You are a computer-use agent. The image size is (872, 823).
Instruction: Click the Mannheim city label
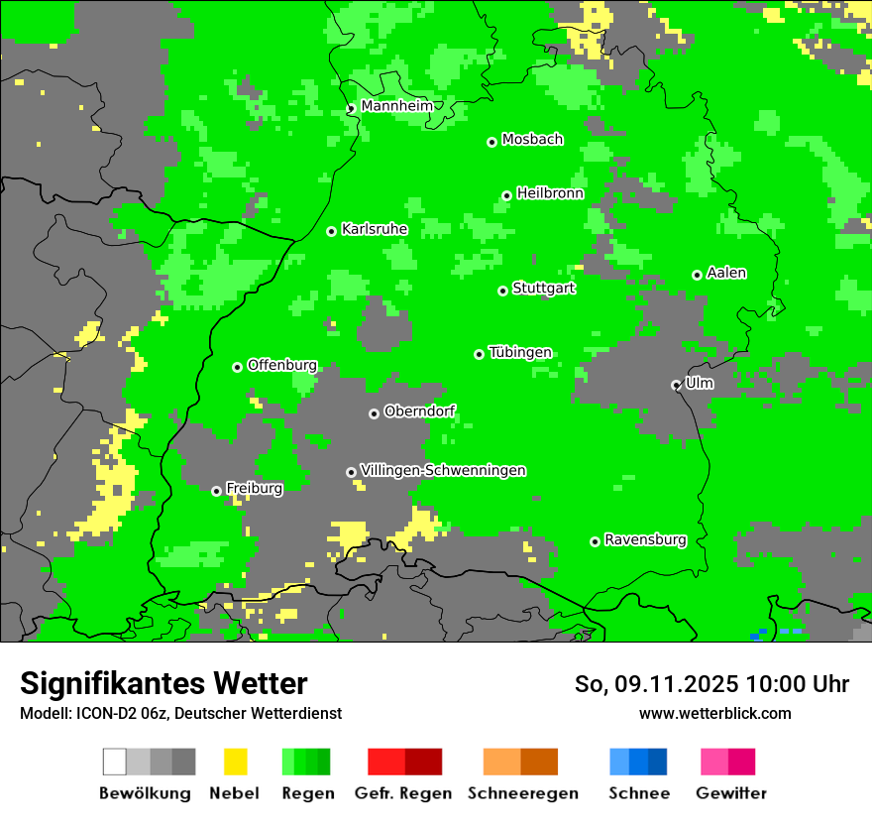[x=396, y=106]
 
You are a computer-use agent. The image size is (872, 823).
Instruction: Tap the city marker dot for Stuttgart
[x=503, y=291]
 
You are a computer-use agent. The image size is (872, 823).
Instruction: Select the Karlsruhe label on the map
[x=375, y=229]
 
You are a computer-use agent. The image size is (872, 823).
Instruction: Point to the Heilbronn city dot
[x=507, y=195]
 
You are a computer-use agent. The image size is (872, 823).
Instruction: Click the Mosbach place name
[x=532, y=140]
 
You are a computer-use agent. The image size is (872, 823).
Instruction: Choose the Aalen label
[x=726, y=273]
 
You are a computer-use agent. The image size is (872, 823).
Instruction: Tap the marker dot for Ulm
[x=677, y=385]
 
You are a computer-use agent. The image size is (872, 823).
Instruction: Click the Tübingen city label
[x=520, y=353]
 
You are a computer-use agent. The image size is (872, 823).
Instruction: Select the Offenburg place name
[x=282, y=365]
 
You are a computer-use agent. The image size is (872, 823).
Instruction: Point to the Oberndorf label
[x=419, y=411]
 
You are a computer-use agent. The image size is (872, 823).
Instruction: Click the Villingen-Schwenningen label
[x=443, y=470]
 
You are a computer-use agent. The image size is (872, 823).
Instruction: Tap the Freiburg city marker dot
[x=217, y=491]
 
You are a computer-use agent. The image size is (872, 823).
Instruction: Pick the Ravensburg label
[x=645, y=540]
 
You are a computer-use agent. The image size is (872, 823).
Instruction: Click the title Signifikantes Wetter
[x=163, y=683]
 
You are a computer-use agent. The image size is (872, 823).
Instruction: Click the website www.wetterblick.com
[x=714, y=713]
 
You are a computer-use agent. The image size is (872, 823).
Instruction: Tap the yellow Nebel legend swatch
[x=235, y=762]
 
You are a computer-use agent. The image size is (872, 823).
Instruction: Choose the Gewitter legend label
[x=730, y=793]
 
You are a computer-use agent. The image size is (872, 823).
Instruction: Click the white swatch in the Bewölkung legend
[x=115, y=762]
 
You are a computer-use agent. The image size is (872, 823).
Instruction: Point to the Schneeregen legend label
[x=522, y=793]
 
